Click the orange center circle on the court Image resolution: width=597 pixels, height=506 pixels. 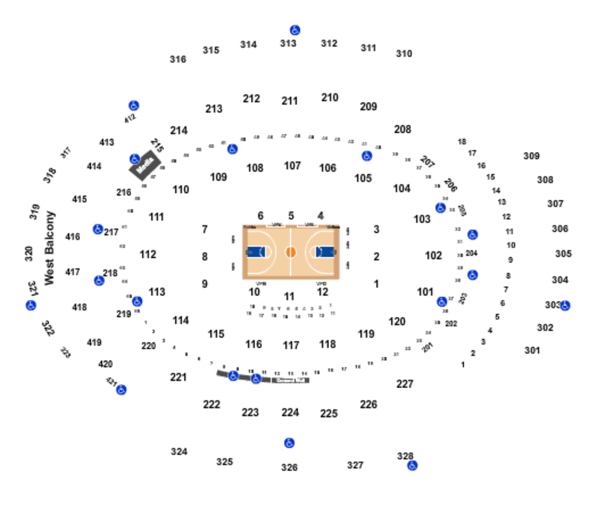291,252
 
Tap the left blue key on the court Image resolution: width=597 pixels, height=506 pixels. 256,252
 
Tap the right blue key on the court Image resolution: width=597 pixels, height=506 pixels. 325,252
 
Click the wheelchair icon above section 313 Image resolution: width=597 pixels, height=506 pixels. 295,30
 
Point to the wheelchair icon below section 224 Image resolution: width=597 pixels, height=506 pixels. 289,442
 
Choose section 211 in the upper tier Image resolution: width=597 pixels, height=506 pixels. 289,101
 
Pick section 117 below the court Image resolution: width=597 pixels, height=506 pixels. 290,346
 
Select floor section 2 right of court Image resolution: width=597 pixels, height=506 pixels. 377,256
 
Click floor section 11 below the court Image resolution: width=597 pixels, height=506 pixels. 289,296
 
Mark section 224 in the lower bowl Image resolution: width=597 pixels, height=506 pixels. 289,412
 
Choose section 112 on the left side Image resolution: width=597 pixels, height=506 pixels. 148,255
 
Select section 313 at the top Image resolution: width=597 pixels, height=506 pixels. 288,43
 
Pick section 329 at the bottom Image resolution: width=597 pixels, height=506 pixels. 289,468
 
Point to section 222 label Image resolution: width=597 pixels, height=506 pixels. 211,404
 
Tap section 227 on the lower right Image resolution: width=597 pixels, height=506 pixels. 405,383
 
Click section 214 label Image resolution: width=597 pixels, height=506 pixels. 178,131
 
